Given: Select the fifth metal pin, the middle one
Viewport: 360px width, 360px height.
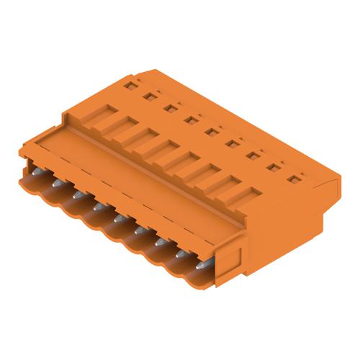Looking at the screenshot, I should pyautogui.click(x=118, y=217).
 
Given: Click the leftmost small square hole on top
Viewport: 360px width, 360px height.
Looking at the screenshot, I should pyautogui.click(x=129, y=85).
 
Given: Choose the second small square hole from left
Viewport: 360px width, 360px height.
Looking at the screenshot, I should pyautogui.click(x=150, y=96).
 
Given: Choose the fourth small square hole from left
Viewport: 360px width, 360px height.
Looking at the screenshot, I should pyautogui.click(x=191, y=120).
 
